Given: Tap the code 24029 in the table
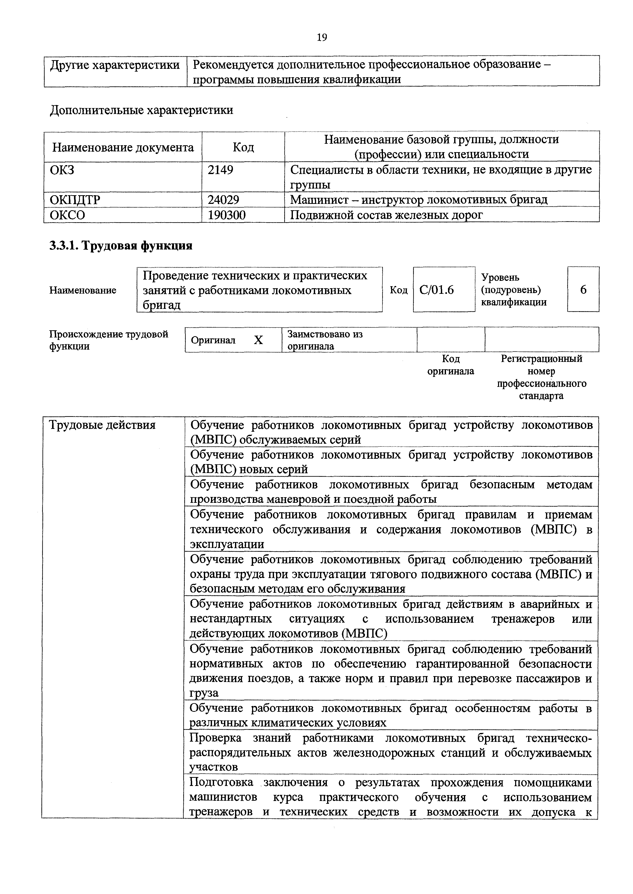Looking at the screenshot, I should pyautogui.click(x=223, y=200).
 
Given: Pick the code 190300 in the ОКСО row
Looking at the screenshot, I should pyautogui.click(x=227, y=215).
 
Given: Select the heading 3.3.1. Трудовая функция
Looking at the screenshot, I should pyautogui.click(x=121, y=246).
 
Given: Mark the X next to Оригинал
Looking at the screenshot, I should pyautogui.click(x=258, y=340).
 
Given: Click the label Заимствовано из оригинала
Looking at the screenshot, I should pyautogui.click(x=325, y=340).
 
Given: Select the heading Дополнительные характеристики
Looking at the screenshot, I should pyautogui.click(x=142, y=110).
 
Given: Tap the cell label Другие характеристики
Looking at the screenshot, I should pyautogui.click(x=115, y=65).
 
